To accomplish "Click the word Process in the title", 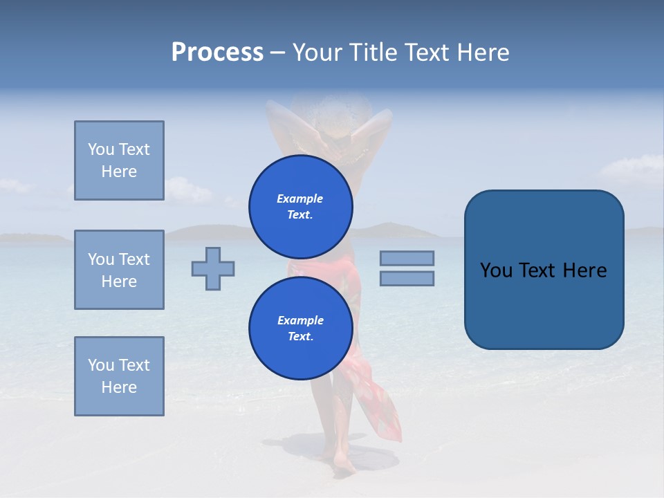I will pos(217,53).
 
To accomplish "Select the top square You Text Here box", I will pos(119,160).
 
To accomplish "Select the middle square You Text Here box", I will pos(119,270).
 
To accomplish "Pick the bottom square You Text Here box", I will pos(119,376).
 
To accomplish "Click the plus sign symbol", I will pos(213,268).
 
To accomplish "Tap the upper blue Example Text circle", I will pos(300,207).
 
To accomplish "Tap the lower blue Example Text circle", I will pos(300,329).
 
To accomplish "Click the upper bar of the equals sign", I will pos(407,258).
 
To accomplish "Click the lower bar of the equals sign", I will pos(407,278).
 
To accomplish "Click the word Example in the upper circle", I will pos(300,199).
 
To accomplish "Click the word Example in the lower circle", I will pos(300,320).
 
